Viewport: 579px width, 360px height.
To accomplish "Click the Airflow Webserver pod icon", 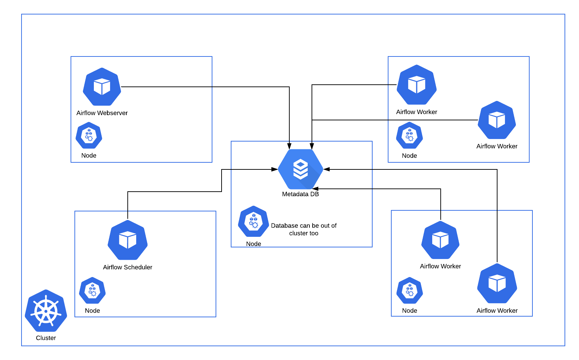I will pyautogui.click(x=102, y=87).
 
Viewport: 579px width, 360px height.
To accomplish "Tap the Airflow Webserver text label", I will pyautogui.click(x=102, y=113).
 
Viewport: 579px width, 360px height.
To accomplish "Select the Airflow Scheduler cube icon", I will pyautogui.click(x=127, y=240).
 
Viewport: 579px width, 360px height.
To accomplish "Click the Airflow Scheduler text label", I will pyautogui.click(x=127, y=267).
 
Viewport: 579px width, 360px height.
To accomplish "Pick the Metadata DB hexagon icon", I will pyautogui.click(x=300, y=169).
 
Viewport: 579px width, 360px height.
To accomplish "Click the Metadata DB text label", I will pyautogui.click(x=300, y=194).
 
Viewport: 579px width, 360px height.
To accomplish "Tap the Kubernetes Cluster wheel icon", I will pyautogui.click(x=46, y=311).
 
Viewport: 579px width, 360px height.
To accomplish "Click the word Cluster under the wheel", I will pyautogui.click(x=46, y=338).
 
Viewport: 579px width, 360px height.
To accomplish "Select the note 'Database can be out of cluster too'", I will pyautogui.click(x=304, y=229).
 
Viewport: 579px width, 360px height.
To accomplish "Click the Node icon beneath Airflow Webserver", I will pyautogui.click(x=89, y=136).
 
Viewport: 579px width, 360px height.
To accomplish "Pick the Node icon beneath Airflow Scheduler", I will pyautogui.click(x=92, y=290).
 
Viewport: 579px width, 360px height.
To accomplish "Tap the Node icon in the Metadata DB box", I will pyautogui.click(x=253, y=221).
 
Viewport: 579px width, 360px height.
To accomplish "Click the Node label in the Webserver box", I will pyautogui.click(x=89, y=155).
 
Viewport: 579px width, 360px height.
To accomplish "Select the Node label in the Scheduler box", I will pyautogui.click(x=92, y=311).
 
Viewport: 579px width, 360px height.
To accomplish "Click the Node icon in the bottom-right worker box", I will pyautogui.click(x=410, y=290).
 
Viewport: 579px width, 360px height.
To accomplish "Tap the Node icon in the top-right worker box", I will pyautogui.click(x=409, y=136).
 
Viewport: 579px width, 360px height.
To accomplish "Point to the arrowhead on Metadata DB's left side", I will pyautogui.click(x=275, y=169).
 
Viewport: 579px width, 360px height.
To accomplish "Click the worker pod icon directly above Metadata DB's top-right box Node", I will pyautogui.click(x=417, y=85).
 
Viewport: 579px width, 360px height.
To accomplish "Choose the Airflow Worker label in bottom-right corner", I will pyautogui.click(x=497, y=311).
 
